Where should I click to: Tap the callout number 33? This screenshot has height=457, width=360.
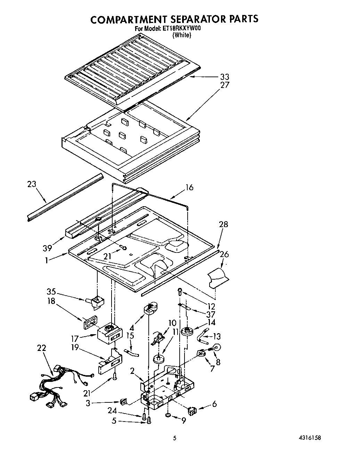click(x=224, y=77)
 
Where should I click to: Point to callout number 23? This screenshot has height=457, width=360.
click(x=32, y=185)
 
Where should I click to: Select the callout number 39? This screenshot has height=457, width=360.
click(x=48, y=248)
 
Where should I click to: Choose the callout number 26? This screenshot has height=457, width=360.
click(x=224, y=255)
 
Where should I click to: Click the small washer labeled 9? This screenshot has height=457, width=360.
click(x=168, y=415)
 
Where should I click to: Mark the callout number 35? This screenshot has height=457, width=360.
click(x=51, y=292)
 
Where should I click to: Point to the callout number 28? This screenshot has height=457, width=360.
click(x=223, y=225)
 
